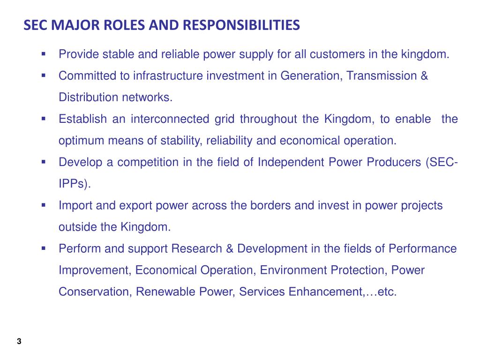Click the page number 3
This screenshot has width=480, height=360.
coord(19,341)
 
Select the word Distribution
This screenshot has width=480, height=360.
coord(89,97)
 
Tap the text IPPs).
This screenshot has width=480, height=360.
coord(75,184)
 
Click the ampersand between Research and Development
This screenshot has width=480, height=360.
coord(230,248)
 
